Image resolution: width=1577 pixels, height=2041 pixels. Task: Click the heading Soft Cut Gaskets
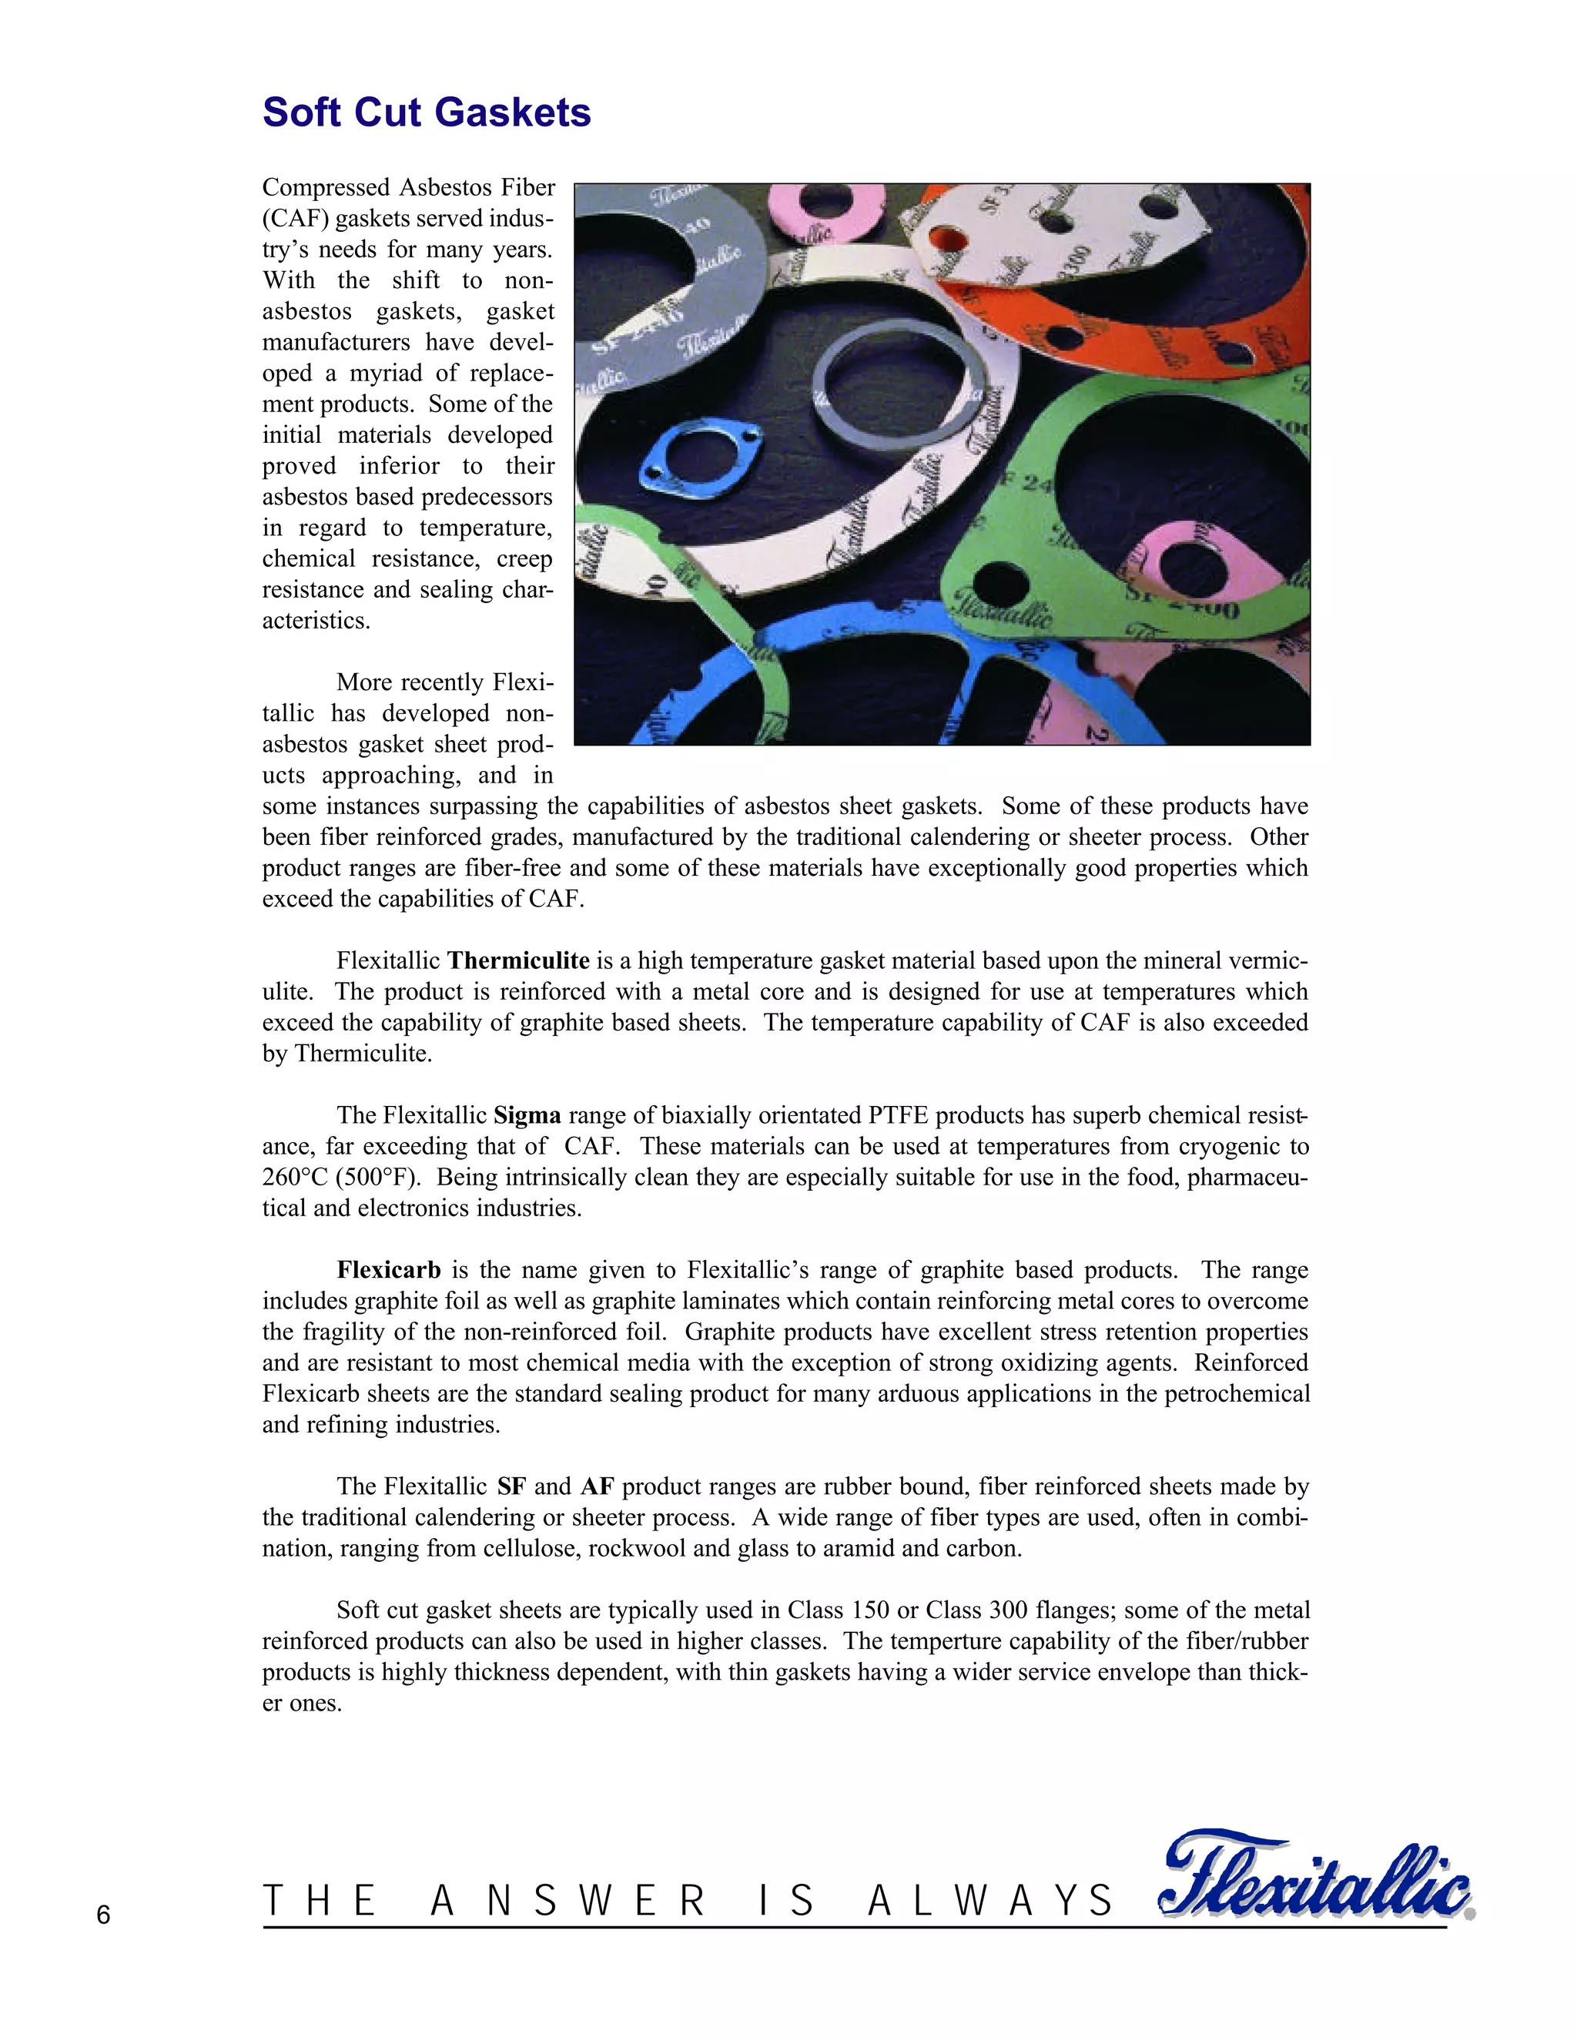pos(426,112)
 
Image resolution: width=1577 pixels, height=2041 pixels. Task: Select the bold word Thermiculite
pos(517,960)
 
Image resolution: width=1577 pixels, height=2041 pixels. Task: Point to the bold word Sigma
pos(527,1116)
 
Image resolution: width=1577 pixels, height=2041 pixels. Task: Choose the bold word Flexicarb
pos(389,1270)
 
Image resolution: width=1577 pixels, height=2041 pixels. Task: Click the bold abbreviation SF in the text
pos(511,1486)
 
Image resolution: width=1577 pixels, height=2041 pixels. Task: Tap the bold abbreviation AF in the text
pos(597,1486)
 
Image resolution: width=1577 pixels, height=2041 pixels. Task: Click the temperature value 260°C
pos(290,1178)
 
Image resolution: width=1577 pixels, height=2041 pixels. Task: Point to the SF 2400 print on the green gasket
pos(1182,603)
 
